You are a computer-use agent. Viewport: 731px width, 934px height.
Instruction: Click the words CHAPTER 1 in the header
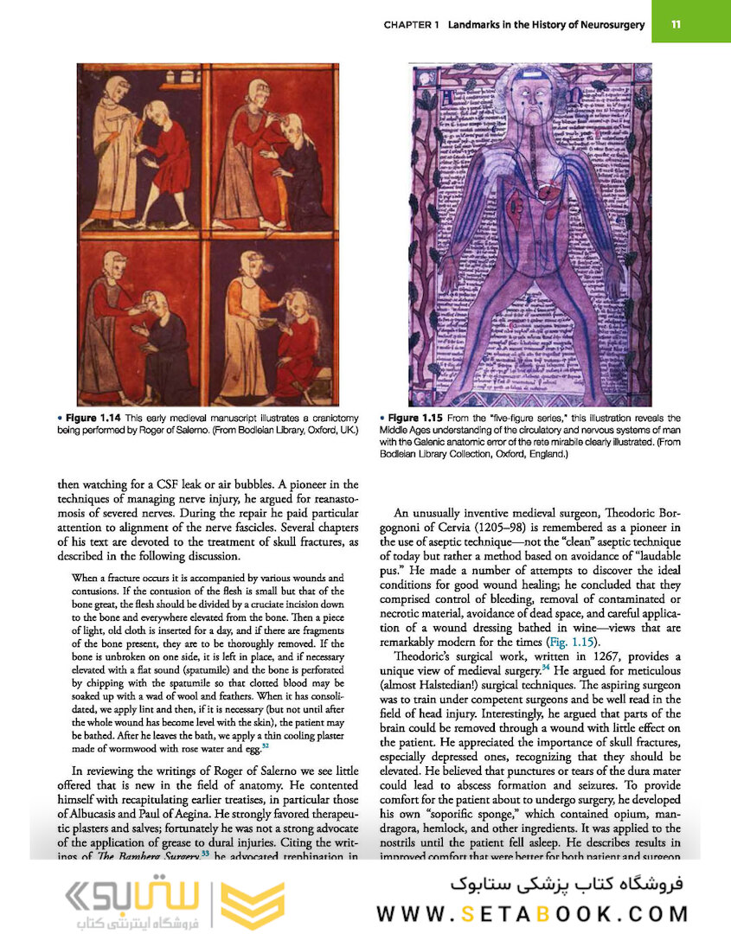412,25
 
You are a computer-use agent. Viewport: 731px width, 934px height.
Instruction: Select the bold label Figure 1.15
419,418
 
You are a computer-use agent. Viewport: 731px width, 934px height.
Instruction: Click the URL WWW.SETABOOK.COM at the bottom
532,913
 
